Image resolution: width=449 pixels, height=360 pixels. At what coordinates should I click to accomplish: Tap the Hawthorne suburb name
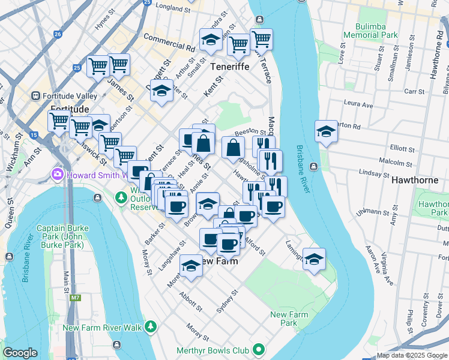point(415,179)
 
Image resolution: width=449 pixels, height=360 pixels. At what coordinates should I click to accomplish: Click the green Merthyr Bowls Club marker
point(258,349)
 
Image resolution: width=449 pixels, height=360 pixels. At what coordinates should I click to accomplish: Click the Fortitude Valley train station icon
point(35,95)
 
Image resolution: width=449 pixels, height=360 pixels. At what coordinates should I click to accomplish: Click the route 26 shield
point(57,34)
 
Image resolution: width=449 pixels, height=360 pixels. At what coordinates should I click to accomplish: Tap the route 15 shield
point(34,136)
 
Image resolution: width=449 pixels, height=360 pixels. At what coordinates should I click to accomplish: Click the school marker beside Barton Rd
point(326,131)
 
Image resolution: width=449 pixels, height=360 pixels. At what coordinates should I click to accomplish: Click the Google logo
point(20,353)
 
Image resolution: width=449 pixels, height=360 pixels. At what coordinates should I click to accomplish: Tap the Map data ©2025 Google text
point(411,355)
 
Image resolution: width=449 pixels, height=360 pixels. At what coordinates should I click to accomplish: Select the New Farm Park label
point(289,319)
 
